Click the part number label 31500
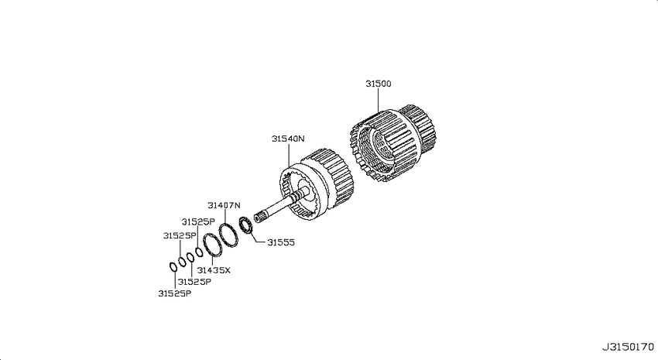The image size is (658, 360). [378, 84]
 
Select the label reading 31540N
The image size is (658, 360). [288, 139]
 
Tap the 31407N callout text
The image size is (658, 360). [224, 205]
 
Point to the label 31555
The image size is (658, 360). [281, 242]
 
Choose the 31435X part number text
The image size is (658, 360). [214, 270]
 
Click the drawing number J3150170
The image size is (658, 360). [628, 347]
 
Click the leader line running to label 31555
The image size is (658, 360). [257, 238]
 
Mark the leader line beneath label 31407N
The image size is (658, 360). [224, 216]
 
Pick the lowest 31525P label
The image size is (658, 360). [175, 293]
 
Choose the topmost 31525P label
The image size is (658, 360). [198, 222]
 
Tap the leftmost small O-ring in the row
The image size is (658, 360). [173, 266]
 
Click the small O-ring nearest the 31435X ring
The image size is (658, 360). [199, 252]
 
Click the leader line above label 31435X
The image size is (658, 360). [212, 260]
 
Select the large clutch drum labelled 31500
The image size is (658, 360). [392, 143]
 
